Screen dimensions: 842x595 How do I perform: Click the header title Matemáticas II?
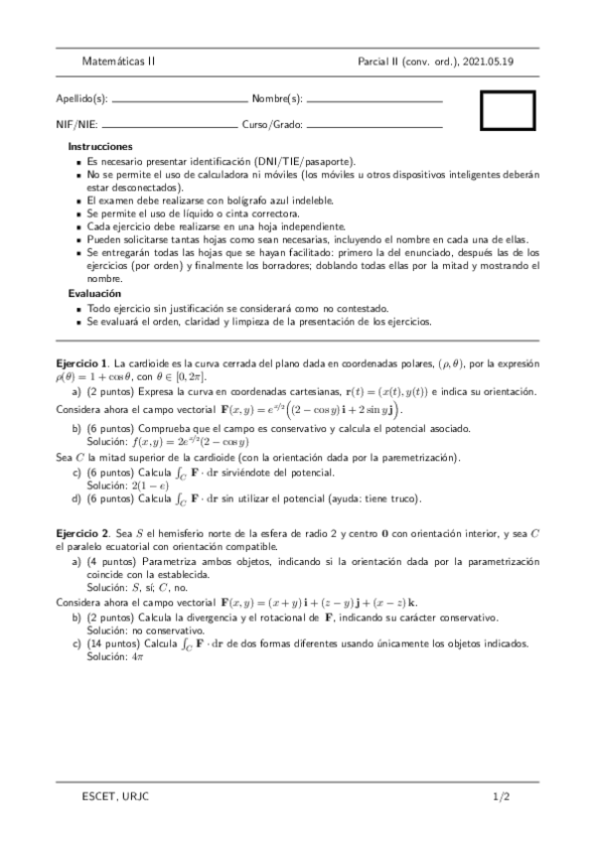[118, 61]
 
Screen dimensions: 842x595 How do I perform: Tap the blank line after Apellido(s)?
[181, 101]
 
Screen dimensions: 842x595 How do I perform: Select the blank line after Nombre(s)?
[373, 101]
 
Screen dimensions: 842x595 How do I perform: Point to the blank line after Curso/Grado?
[373, 126]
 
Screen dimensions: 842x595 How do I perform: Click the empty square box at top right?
[508, 110]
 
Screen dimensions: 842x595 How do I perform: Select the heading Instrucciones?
[100, 146]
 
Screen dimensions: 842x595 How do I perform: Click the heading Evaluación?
[94, 294]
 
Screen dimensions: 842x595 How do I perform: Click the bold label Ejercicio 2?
[83, 533]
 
